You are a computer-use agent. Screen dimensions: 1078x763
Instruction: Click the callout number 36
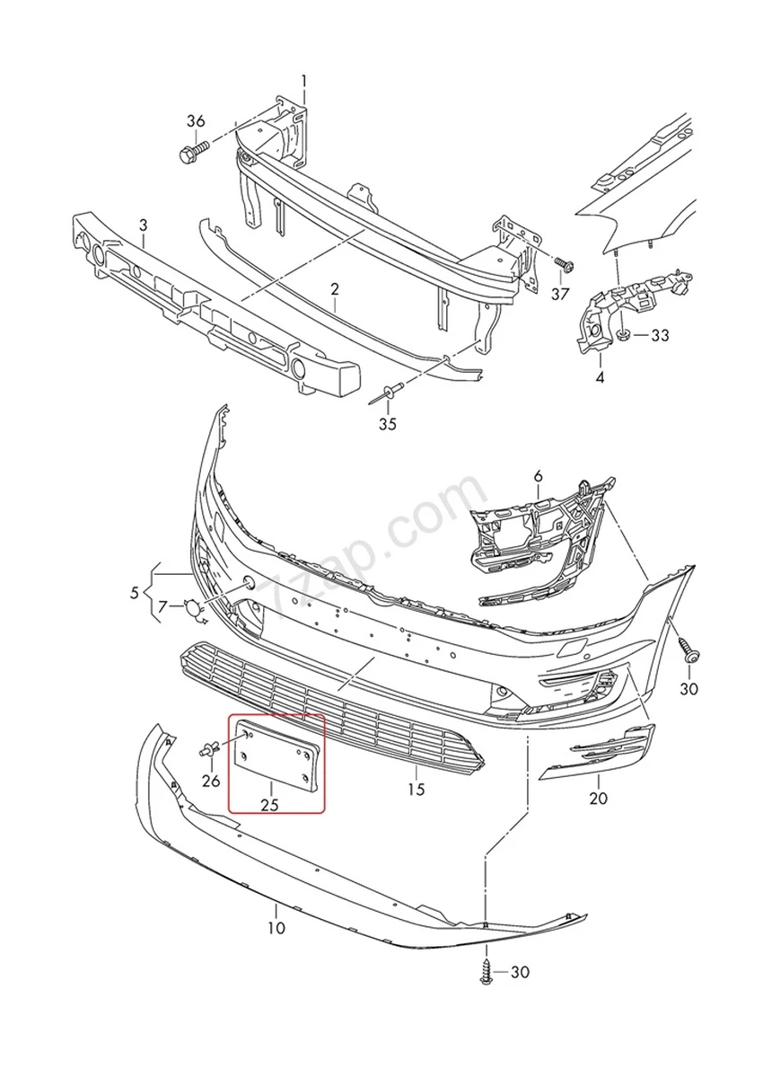[196, 121]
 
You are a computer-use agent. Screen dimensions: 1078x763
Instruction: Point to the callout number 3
[143, 224]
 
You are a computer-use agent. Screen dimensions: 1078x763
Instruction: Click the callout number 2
[334, 289]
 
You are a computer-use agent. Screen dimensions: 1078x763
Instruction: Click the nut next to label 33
[621, 336]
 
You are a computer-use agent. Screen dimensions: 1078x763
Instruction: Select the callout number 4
[600, 377]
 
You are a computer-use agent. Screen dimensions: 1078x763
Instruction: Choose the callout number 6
[538, 474]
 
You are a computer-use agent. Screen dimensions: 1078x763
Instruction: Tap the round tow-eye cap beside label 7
[194, 609]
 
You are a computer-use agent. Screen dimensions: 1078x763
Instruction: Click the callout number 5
[135, 593]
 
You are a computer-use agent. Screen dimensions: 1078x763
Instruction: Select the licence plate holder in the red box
[276, 759]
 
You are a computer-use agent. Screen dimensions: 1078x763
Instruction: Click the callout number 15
[416, 790]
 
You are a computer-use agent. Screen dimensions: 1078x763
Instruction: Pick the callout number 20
[599, 797]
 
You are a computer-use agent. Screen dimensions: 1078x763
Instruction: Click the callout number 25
[269, 805]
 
